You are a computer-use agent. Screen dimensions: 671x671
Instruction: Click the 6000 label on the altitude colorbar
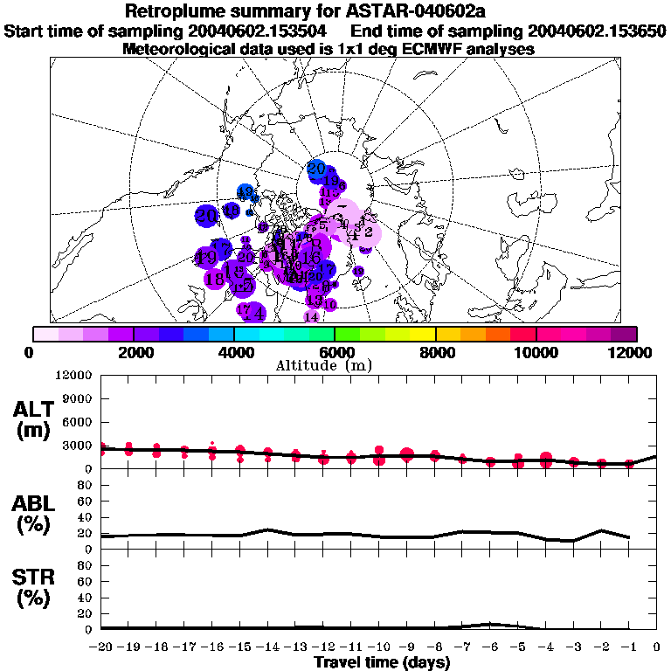(x=335, y=352)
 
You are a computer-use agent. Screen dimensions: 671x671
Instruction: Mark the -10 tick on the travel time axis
(x=378, y=647)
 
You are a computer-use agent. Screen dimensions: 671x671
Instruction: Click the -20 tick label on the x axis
(x=101, y=647)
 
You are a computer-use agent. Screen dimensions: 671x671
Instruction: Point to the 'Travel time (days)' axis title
(x=382, y=662)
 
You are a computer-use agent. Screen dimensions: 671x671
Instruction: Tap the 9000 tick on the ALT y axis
(x=77, y=398)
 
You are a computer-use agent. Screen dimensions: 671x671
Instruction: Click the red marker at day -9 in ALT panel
(x=406, y=453)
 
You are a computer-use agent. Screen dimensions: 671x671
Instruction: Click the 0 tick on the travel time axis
(x=657, y=647)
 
